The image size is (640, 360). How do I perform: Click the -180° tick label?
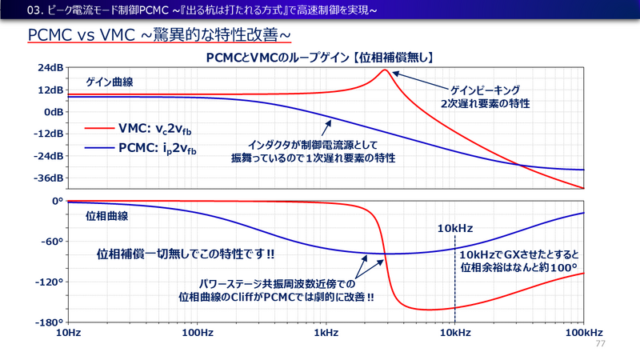[48, 322]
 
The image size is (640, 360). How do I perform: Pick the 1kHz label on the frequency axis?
[326, 332]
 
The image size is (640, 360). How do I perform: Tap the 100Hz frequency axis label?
[197, 332]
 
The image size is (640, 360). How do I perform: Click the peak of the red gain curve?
[385, 70]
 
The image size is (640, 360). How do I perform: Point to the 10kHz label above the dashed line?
[455, 229]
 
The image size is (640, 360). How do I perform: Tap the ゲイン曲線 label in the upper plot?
[109, 83]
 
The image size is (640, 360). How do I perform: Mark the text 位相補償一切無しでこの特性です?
[186, 254]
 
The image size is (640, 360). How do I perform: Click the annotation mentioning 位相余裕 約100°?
[518, 259]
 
